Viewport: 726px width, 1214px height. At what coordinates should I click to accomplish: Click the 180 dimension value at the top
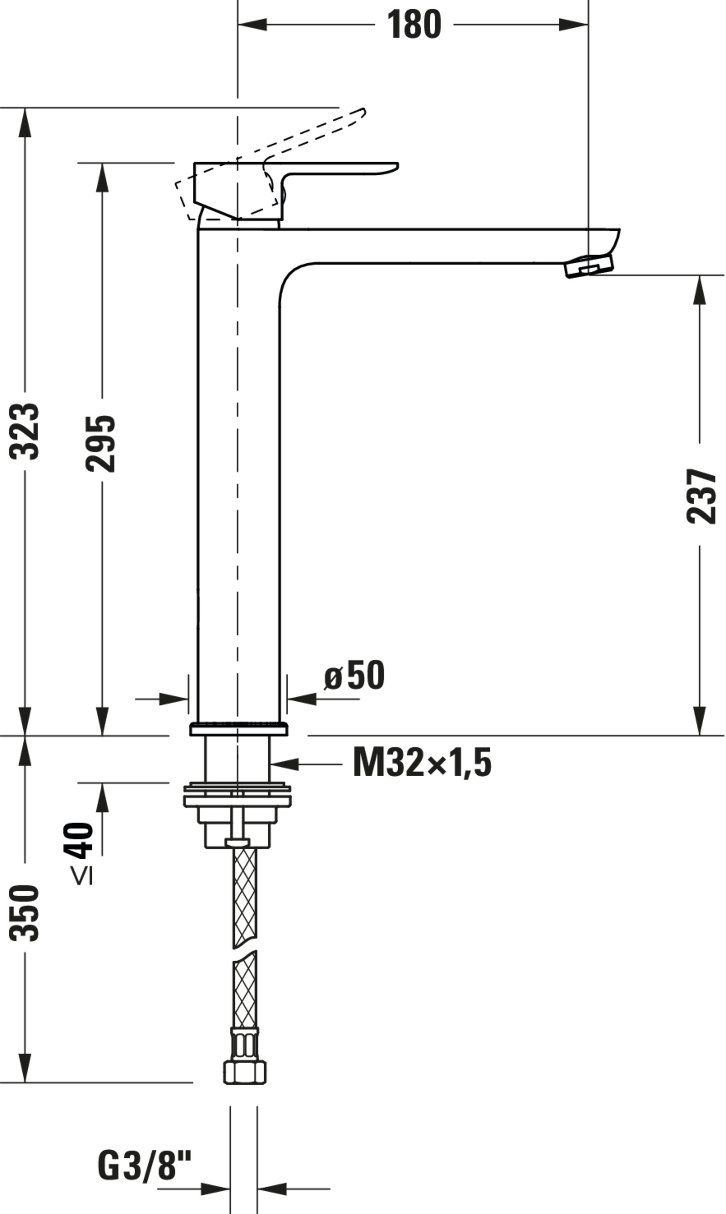(x=414, y=24)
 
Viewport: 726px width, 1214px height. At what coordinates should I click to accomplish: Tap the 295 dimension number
(x=100, y=444)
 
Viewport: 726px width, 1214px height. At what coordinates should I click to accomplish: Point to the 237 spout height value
(x=701, y=496)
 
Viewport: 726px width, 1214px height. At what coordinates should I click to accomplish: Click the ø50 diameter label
(x=354, y=675)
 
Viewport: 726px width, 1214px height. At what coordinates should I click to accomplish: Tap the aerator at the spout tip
(x=589, y=266)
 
